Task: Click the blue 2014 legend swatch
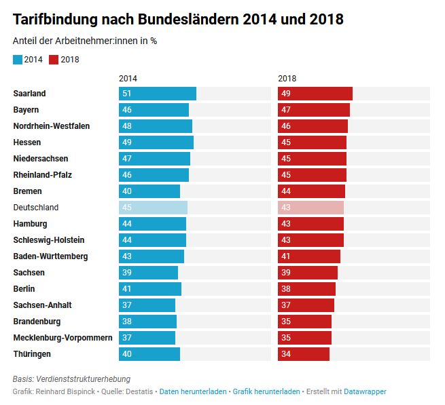click(x=18, y=60)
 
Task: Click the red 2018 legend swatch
click(x=54, y=60)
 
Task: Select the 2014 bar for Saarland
click(x=158, y=94)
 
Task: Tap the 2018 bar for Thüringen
click(x=304, y=354)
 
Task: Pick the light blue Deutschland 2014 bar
click(x=153, y=208)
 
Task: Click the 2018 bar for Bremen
click(x=312, y=191)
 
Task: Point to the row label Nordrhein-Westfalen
click(x=51, y=126)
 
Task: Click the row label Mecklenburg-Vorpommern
click(x=63, y=338)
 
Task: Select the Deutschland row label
click(x=36, y=208)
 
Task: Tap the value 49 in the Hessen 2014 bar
click(x=127, y=142)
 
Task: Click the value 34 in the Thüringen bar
click(x=286, y=354)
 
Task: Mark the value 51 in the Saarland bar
click(x=127, y=94)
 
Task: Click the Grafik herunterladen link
click(x=266, y=392)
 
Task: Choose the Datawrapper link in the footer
click(x=365, y=392)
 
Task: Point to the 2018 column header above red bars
click(x=287, y=79)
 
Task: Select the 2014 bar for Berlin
click(x=150, y=289)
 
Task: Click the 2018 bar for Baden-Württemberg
click(x=309, y=256)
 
